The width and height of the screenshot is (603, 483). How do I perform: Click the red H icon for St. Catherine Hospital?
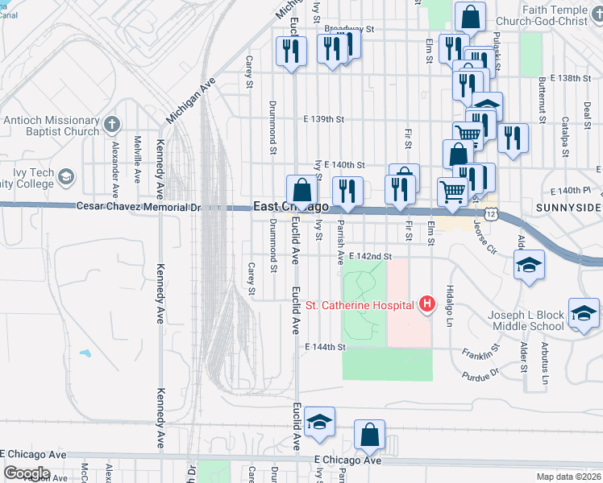click(x=427, y=304)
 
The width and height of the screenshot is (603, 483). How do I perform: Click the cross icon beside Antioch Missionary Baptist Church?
click(x=111, y=125)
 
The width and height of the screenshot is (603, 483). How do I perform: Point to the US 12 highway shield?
click(x=501, y=214)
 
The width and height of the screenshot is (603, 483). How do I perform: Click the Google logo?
click(x=27, y=473)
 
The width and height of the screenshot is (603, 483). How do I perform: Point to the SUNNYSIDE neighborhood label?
click(x=568, y=208)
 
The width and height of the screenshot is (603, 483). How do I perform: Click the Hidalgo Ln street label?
click(x=451, y=303)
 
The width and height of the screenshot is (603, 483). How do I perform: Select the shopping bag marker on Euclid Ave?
click(x=301, y=192)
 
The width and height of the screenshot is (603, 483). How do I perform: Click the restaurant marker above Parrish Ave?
click(x=347, y=192)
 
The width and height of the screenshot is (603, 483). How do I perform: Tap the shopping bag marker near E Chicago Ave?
click(x=369, y=436)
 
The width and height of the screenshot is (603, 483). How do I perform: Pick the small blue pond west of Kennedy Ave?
click(x=85, y=353)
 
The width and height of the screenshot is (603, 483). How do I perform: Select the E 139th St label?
click(x=324, y=119)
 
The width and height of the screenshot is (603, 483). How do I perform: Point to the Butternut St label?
click(x=542, y=101)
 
